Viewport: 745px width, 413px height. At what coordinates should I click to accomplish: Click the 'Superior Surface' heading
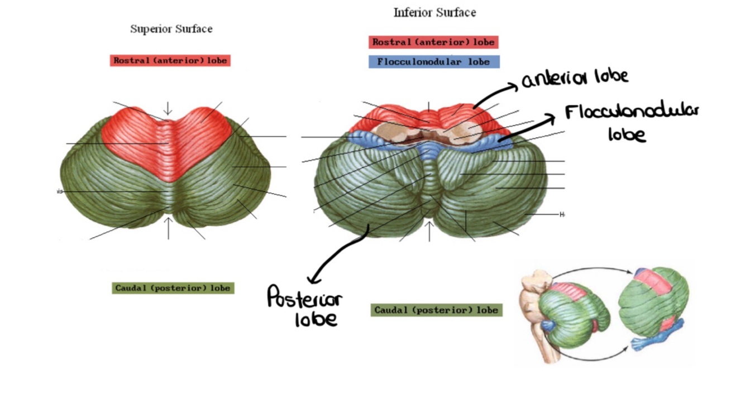click(171, 28)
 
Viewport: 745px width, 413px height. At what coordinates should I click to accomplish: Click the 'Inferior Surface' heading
click(434, 12)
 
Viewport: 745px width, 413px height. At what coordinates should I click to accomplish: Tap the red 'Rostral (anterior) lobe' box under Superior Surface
click(170, 60)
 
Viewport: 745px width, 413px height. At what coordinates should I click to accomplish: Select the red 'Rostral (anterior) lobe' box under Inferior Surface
click(433, 42)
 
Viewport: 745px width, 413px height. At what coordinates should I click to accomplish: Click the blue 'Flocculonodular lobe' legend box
click(433, 62)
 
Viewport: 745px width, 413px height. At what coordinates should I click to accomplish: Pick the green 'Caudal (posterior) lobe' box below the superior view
click(173, 289)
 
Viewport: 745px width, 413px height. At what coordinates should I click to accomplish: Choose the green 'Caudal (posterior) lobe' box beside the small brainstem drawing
click(436, 310)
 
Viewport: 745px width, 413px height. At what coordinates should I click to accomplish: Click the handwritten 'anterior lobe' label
click(575, 79)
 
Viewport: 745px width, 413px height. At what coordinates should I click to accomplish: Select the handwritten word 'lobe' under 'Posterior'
click(317, 319)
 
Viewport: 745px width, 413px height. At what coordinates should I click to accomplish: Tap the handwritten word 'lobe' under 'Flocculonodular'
click(627, 135)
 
